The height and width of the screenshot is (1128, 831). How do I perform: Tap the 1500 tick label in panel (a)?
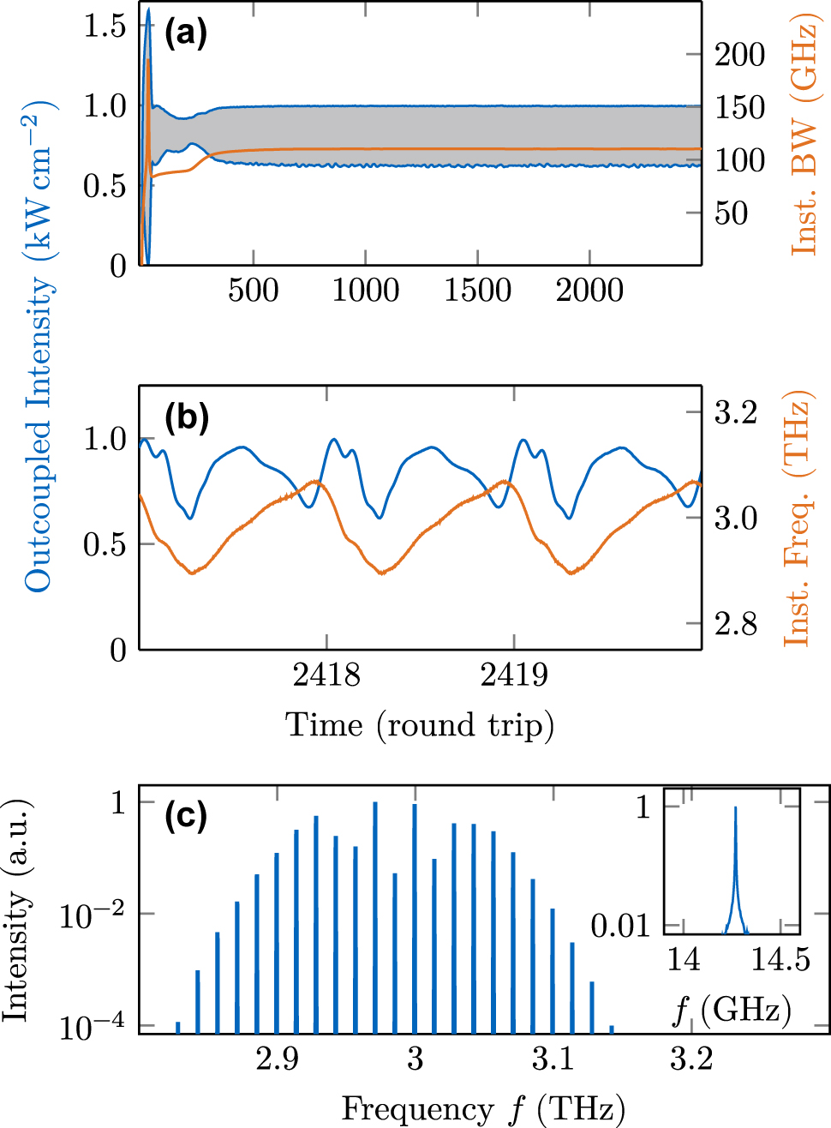[477, 290]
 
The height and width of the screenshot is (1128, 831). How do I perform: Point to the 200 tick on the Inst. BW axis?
[739, 55]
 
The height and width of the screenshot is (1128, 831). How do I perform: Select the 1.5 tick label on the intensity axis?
[105, 26]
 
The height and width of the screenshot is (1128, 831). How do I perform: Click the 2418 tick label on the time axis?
[326, 675]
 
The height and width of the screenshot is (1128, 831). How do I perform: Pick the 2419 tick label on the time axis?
[514, 675]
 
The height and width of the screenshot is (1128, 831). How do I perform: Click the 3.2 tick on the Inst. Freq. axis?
[736, 412]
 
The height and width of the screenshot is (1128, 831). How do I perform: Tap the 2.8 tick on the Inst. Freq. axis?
[736, 623]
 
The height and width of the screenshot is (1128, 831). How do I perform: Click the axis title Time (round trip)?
[420, 725]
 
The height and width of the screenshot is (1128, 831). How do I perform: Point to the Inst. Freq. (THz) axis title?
[798, 519]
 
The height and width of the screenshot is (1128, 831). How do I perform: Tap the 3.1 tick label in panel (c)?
[553, 1059]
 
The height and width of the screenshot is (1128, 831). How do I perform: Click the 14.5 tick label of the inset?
[780, 959]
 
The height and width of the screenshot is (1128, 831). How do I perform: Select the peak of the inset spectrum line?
[735, 808]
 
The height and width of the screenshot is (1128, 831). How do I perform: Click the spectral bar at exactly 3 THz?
[415, 917]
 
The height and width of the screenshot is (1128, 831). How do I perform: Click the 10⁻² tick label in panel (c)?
[93, 915]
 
